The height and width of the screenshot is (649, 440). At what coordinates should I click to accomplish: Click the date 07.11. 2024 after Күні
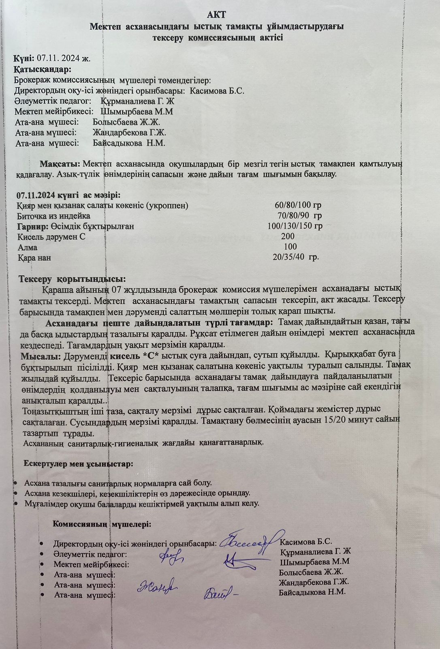click(x=63, y=58)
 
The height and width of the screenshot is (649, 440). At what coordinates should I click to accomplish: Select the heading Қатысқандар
click(x=43, y=69)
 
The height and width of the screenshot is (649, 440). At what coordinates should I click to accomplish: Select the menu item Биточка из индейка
click(x=53, y=216)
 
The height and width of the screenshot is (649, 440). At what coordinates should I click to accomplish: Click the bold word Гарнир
click(x=33, y=226)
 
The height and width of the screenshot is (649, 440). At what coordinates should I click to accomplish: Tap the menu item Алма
click(x=28, y=247)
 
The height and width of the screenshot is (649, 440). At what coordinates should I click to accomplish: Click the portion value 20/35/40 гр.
click(x=295, y=257)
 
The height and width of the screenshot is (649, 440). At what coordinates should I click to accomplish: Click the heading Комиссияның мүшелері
click(x=102, y=524)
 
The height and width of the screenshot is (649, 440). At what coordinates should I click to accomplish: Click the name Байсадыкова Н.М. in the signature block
click(x=312, y=592)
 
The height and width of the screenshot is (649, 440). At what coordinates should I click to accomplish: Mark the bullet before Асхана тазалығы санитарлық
click(x=15, y=483)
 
